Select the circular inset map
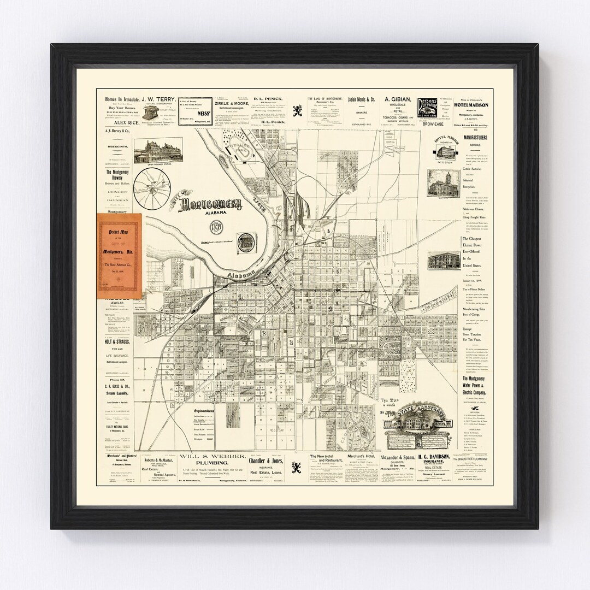155,186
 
